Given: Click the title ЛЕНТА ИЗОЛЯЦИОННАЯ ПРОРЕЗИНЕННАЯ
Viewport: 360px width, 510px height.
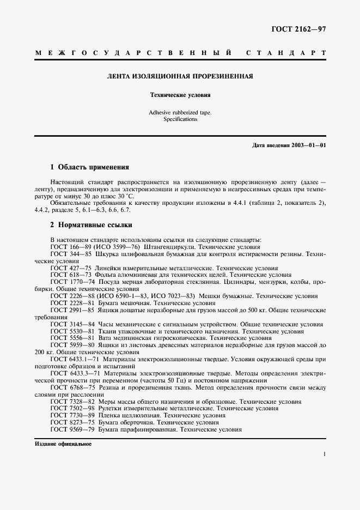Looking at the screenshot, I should click(x=180, y=76).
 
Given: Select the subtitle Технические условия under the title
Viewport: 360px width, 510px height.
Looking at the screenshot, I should click(x=180, y=95).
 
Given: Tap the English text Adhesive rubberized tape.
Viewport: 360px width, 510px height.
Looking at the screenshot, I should click(x=180, y=112).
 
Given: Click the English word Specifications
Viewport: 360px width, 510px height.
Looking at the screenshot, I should click(x=180, y=119).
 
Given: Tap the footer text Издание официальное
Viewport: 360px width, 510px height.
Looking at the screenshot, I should click(x=63, y=444).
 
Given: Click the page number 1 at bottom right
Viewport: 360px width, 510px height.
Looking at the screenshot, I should click(x=324, y=453).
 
